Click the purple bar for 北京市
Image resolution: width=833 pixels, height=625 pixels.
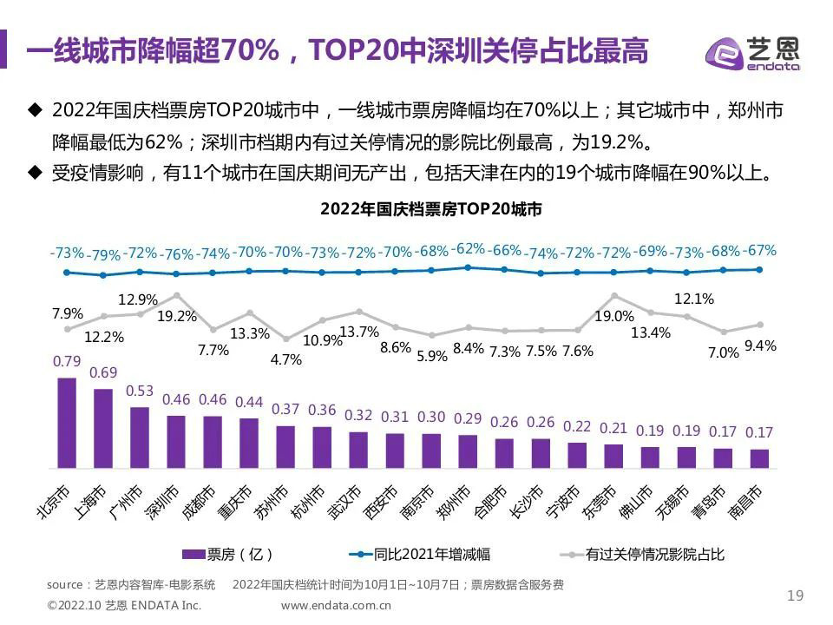coord(67,424)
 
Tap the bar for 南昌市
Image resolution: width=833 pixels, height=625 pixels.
coord(759,459)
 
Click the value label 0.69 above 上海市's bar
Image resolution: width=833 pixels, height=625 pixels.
coord(103,373)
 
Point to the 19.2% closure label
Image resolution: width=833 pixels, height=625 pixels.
coord(177,317)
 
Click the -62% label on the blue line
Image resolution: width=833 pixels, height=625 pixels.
coord(469,248)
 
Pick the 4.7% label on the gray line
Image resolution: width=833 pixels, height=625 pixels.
coord(286,359)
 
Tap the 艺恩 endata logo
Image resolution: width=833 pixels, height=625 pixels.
coord(752,52)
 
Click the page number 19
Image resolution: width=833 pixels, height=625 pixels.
coord(795,595)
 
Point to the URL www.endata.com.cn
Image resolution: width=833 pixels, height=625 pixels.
coord(337,605)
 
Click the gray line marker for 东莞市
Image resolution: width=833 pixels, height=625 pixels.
coord(614,296)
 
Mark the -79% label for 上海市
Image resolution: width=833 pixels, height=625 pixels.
coord(104,255)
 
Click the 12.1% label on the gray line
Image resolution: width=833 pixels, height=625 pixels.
coord(693,299)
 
